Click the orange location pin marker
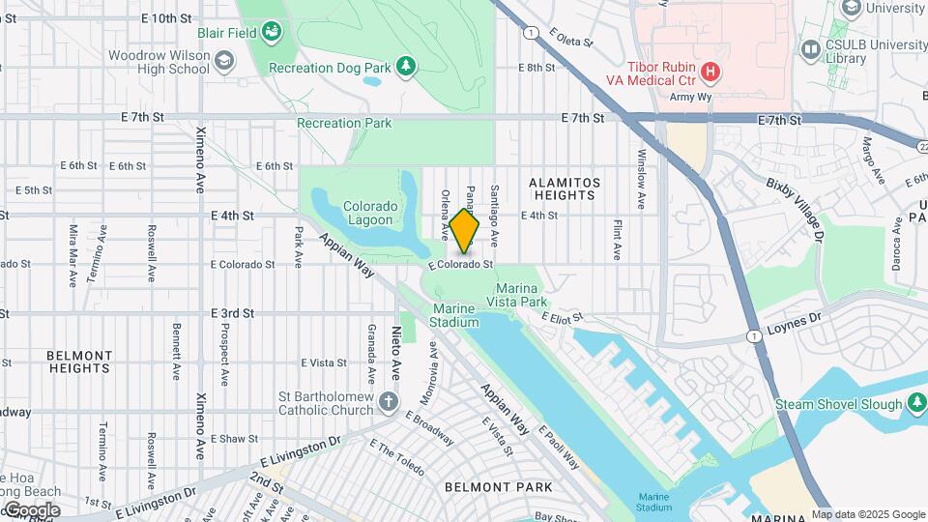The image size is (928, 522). click(464, 230)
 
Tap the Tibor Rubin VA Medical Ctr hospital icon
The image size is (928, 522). click(710, 71)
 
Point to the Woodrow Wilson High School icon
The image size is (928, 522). click(224, 62)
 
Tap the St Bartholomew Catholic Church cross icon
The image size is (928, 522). click(388, 401)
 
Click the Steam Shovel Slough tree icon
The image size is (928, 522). click(914, 404)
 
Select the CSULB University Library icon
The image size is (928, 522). click(809, 48)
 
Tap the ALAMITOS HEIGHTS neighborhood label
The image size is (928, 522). click(565, 188)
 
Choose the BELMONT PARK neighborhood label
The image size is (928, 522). click(499, 487)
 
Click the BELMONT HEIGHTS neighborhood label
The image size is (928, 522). click(78, 362)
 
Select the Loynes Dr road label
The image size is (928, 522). click(794, 316)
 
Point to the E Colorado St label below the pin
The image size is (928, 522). click(462, 264)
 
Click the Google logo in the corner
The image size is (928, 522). click(31, 509)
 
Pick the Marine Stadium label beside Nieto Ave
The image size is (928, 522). click(454, 315)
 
